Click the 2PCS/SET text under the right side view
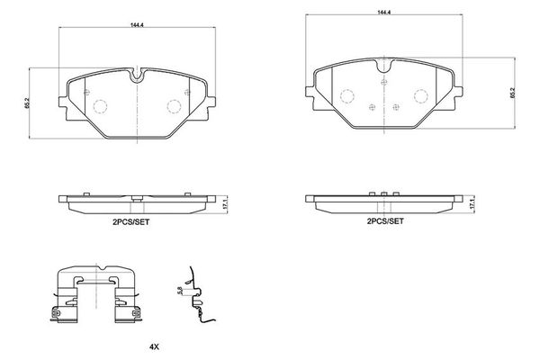pyautogui.click(x=385, y=220)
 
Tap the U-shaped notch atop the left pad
pyautogui.click(x=137, y=76)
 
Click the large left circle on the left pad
pyautogui.click(x=101, y=104)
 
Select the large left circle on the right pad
pyautogui.click(x=347, y=94)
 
